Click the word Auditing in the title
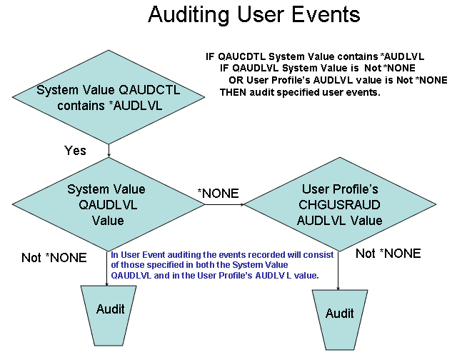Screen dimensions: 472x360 tap(189, 15)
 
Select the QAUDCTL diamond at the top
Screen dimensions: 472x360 tap(109, 97)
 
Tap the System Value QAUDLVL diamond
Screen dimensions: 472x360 tap(109, 204)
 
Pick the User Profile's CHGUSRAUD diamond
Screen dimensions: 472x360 tap(340, 204)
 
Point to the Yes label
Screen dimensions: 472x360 tap(75, 151)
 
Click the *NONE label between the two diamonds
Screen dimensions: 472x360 tap(219, 194)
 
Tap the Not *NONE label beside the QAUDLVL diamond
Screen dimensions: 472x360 tap(54, 258)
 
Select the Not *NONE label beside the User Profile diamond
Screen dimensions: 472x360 tap(388, 254)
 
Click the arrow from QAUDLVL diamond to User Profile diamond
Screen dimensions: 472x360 tap(224, 205)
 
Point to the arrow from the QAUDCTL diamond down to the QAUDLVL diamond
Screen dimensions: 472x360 tap(109, 151)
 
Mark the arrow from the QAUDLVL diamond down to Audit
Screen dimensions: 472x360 tap(107, 269)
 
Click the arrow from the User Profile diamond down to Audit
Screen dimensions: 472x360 tap(338, 271)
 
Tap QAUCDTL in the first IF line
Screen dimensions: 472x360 tap(242, 56)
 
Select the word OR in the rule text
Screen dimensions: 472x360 tap(236, 80)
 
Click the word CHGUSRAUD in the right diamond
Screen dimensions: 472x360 tap(340, 205)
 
